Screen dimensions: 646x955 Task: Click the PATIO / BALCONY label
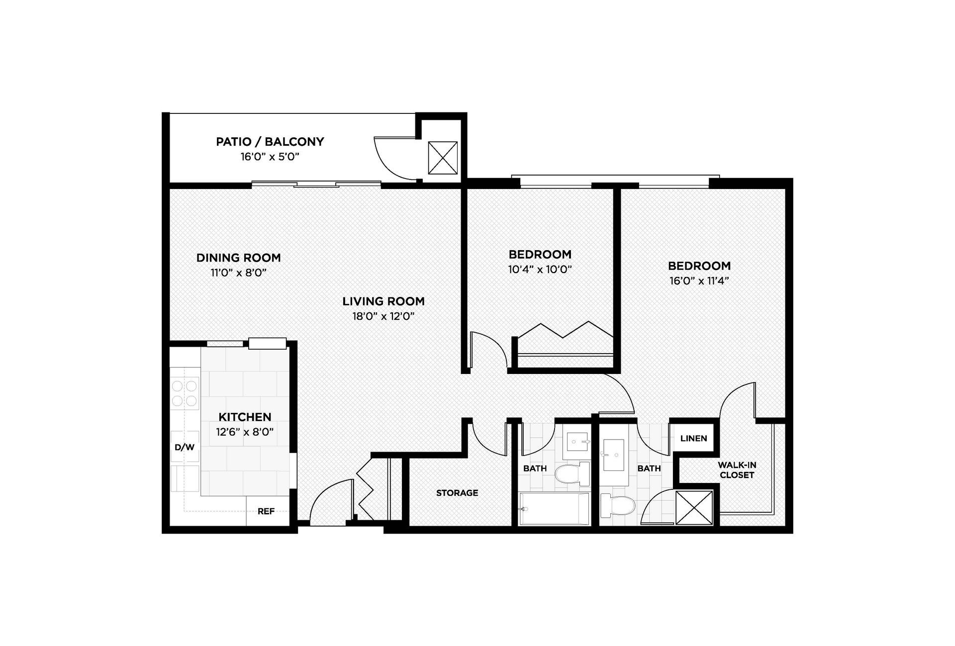(270, 142)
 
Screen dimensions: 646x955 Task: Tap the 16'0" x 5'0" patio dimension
(270, 157)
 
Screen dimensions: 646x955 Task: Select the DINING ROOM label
(238, 258)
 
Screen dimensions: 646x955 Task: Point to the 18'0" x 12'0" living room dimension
(383, 317)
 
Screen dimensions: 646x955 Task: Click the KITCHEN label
(245, 417)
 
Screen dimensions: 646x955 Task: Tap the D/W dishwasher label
(184, 447)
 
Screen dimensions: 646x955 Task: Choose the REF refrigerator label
(266, 511)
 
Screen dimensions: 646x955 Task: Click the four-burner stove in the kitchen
(184, 393)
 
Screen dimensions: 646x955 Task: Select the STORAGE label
(457, 493)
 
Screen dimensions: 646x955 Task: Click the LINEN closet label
(693, 439)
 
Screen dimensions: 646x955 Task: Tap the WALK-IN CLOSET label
(737, 470)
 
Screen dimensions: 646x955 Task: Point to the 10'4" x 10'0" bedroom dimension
(540, 270)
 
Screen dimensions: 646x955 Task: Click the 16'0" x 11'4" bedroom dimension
(699, 281)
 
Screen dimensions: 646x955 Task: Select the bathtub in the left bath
(554, 509)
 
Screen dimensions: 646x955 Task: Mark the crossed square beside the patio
(442, 158)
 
